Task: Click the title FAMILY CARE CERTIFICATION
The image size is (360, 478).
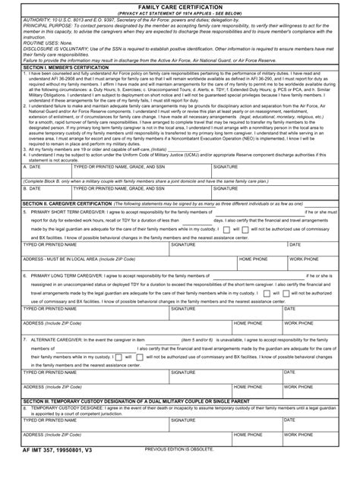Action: point(180,5)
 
